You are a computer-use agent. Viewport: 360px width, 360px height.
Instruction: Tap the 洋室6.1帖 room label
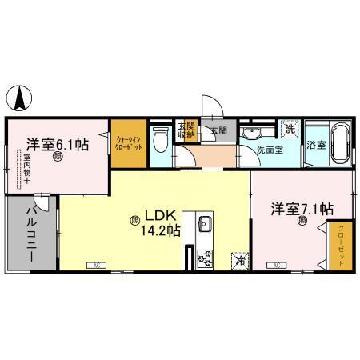point(56,145)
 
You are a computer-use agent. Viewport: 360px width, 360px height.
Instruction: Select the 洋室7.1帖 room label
point(302,210)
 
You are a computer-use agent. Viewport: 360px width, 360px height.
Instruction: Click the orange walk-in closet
point(129,145)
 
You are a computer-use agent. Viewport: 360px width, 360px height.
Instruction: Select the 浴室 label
point(315,146)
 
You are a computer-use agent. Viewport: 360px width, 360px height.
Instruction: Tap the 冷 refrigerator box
point(238,259)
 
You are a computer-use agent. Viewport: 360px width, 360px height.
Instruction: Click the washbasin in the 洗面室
point(257,132)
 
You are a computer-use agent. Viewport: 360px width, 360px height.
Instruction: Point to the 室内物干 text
point(27,170)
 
